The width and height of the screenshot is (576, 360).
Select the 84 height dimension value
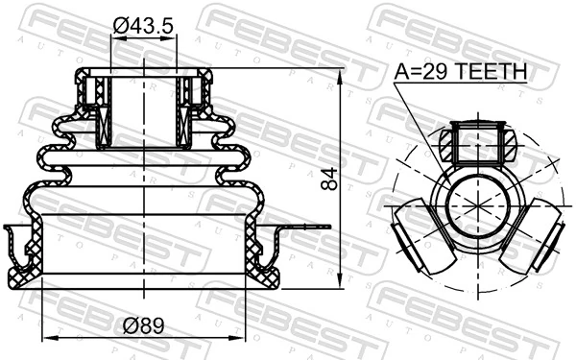(333, 180)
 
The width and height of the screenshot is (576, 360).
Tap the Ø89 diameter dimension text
(143, 325)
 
